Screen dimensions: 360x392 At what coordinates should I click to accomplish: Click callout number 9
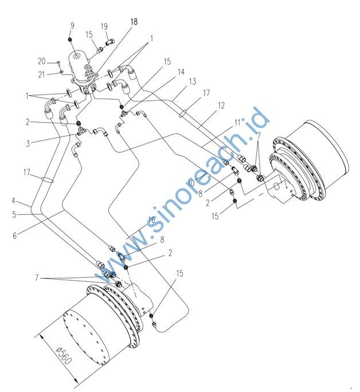(72, 26)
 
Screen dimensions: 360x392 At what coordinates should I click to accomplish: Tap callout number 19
(104, 26)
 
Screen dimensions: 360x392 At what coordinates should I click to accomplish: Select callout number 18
(134, 22)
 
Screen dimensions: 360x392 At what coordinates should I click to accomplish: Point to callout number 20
(42, 61)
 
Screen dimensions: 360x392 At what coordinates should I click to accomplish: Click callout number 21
(41, 75)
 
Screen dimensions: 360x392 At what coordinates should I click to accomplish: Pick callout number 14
(181, 72)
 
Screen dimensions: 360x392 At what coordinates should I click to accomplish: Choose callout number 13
(193, 81)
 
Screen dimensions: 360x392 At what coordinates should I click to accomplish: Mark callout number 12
(221, 105)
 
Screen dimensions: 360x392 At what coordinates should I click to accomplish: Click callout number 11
(237, 123)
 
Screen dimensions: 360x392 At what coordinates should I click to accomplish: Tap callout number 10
(191, 183)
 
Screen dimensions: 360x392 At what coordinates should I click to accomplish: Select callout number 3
(28, 143)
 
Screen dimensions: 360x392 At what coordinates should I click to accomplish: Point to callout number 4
(14, 201)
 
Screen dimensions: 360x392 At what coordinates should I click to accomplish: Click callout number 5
(14, 214)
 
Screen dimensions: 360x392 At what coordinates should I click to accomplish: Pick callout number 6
(15, 236)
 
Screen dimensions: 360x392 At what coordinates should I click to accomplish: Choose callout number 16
(152, 220)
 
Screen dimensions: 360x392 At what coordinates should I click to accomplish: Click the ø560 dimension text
(64, 356)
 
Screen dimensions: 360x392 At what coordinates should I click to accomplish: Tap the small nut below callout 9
(71, 40)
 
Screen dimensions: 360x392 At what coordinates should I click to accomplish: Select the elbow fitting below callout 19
(111, 42)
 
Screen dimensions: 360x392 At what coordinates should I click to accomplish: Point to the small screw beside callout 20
(58, 62)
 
